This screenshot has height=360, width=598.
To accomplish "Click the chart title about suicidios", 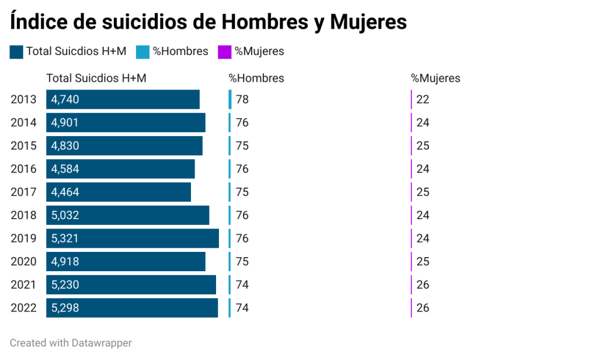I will coord(208,22).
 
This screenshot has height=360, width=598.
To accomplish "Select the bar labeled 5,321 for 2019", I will coord(133,238).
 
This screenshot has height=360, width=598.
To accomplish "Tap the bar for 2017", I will coord(119,192).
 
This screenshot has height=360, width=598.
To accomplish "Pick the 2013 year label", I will coord(23,99).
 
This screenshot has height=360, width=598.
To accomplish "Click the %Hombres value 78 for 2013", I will coord(242,99).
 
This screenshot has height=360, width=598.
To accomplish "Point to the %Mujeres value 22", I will coord(423,99).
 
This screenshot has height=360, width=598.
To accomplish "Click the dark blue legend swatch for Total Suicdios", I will coord(16,52).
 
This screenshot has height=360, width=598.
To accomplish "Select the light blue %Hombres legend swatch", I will coord(142,52).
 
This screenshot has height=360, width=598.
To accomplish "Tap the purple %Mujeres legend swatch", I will coord(224,52).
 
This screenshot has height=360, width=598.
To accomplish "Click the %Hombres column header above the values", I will coord(256,78).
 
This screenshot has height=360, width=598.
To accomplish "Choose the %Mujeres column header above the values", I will coord(435,78).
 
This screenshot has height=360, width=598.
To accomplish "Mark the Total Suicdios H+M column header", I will coord(96,78).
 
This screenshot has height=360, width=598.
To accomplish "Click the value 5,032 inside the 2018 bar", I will coord(65,215).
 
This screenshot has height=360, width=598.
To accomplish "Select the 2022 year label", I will coord(23,308).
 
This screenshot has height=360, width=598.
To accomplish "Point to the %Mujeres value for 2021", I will coord(423,285).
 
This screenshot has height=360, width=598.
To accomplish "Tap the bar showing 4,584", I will coord(120,169).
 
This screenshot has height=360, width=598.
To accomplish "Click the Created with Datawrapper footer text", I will coord(71,343).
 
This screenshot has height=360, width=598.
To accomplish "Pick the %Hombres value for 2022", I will coord(242,308).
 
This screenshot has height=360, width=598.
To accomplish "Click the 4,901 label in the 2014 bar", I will coord(65,123).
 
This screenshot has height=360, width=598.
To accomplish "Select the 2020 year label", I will coord(23,261).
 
